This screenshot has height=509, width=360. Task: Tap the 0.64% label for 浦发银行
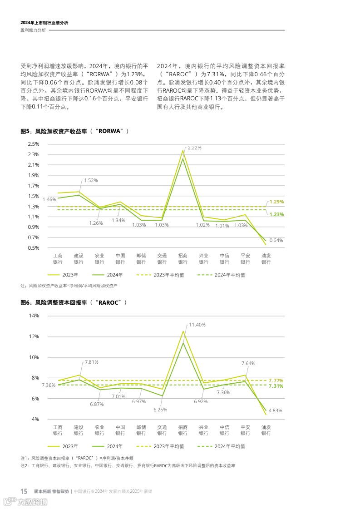[276, 240]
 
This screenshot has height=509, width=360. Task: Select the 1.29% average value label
[276, 202]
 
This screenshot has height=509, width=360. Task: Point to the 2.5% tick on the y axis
[33, 144]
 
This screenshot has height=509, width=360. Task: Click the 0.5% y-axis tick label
[33, 248]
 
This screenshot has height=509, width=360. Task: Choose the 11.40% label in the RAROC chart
[197, 325]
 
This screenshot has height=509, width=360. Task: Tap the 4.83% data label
[275, 410]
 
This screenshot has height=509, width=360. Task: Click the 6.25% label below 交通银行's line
[160, 410]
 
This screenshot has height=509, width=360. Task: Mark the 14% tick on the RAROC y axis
[35, 316]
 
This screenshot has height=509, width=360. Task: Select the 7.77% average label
[276, 380]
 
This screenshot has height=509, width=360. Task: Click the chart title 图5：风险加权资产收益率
[75, 131]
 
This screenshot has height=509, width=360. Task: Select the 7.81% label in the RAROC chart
[91, 362]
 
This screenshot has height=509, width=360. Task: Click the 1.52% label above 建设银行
[91, 180]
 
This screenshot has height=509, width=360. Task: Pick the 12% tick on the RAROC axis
[35, 336]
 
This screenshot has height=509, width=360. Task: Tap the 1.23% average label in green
[276, 214]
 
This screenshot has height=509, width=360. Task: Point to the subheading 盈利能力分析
[33, 30]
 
